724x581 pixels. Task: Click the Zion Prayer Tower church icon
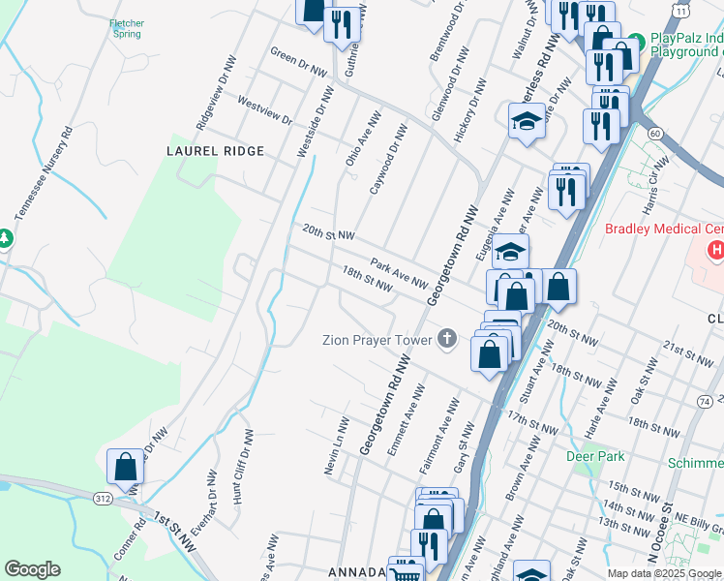(x=446, y=338)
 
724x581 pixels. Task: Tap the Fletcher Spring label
(x=128, y=27)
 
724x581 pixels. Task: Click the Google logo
(x=32, y=569)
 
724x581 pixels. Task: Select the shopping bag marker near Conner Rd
(x=126, y=468)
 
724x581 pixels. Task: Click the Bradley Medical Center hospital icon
(x=715, y=251)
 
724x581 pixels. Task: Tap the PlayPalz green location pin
(x=635, y=42)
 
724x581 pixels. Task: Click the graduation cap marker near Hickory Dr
(x=527, y=122)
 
